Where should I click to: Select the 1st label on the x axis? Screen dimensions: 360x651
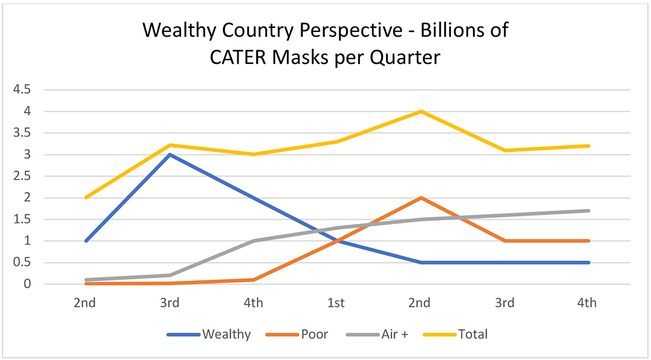click(x=336, y=303)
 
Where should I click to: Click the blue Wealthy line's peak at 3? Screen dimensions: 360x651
click(x=170, y=155)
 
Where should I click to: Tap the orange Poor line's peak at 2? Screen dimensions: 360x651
click(x=420, y=198)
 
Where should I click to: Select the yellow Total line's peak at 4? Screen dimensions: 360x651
click(x=420, y=111)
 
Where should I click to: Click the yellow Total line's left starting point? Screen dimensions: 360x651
click(x=86, y=197)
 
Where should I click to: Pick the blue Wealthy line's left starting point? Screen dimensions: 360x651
click(x=86, y=241)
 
